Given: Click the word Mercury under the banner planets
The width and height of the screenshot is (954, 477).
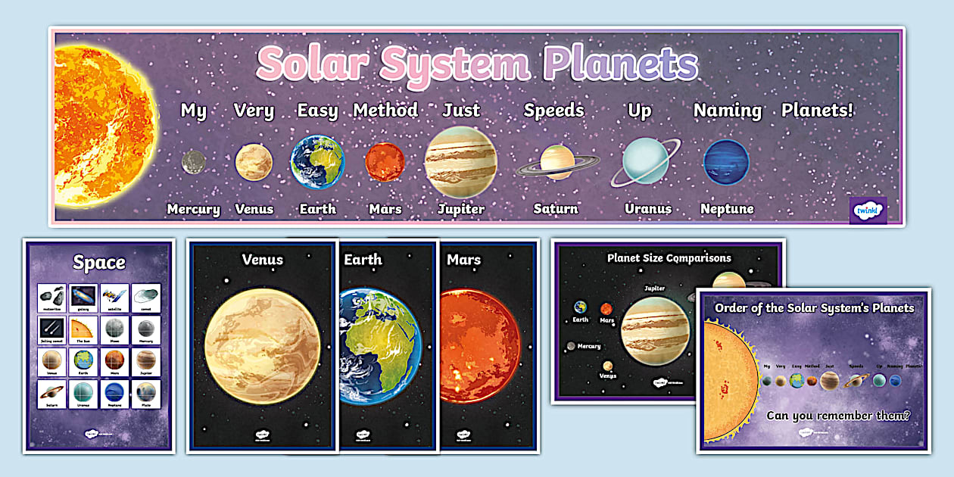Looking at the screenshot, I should (193, 209).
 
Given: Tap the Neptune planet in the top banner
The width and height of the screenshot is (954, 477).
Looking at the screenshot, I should (726, 162).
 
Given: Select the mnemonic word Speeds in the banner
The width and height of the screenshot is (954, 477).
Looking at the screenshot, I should (554, 111).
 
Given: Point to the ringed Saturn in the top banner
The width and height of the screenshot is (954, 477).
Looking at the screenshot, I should (557, 162).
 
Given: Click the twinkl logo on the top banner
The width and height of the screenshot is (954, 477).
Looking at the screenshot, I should (868, 210).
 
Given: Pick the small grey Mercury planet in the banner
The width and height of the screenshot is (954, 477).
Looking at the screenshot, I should (193, 161).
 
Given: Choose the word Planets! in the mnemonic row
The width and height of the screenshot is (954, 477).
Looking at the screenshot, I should (817, 111).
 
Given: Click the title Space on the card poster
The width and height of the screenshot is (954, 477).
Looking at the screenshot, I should (99, 263).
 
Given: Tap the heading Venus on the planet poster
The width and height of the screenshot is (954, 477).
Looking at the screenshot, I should (262, 260).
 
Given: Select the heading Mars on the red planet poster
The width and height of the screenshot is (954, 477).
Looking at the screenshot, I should (464, 260).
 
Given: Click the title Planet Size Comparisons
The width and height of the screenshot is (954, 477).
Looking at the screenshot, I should (669, 257).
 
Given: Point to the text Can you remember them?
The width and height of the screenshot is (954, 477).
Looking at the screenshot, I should (837, 415).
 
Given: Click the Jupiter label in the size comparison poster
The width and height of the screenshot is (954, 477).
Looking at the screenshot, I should (654, 288).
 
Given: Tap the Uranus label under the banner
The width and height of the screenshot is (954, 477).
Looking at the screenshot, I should (648, 209).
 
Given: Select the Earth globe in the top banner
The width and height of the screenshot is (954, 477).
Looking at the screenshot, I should (317, 161).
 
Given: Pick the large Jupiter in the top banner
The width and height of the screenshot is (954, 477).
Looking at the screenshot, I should (460, 162).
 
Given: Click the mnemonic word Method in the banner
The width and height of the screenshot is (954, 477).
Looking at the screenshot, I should (385, 111).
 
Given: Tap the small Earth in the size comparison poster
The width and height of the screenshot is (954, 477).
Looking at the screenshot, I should (580, 307).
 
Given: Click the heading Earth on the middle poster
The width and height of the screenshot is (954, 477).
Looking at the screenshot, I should (363, 260).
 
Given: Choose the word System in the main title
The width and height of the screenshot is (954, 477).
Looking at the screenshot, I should (459, 64).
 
